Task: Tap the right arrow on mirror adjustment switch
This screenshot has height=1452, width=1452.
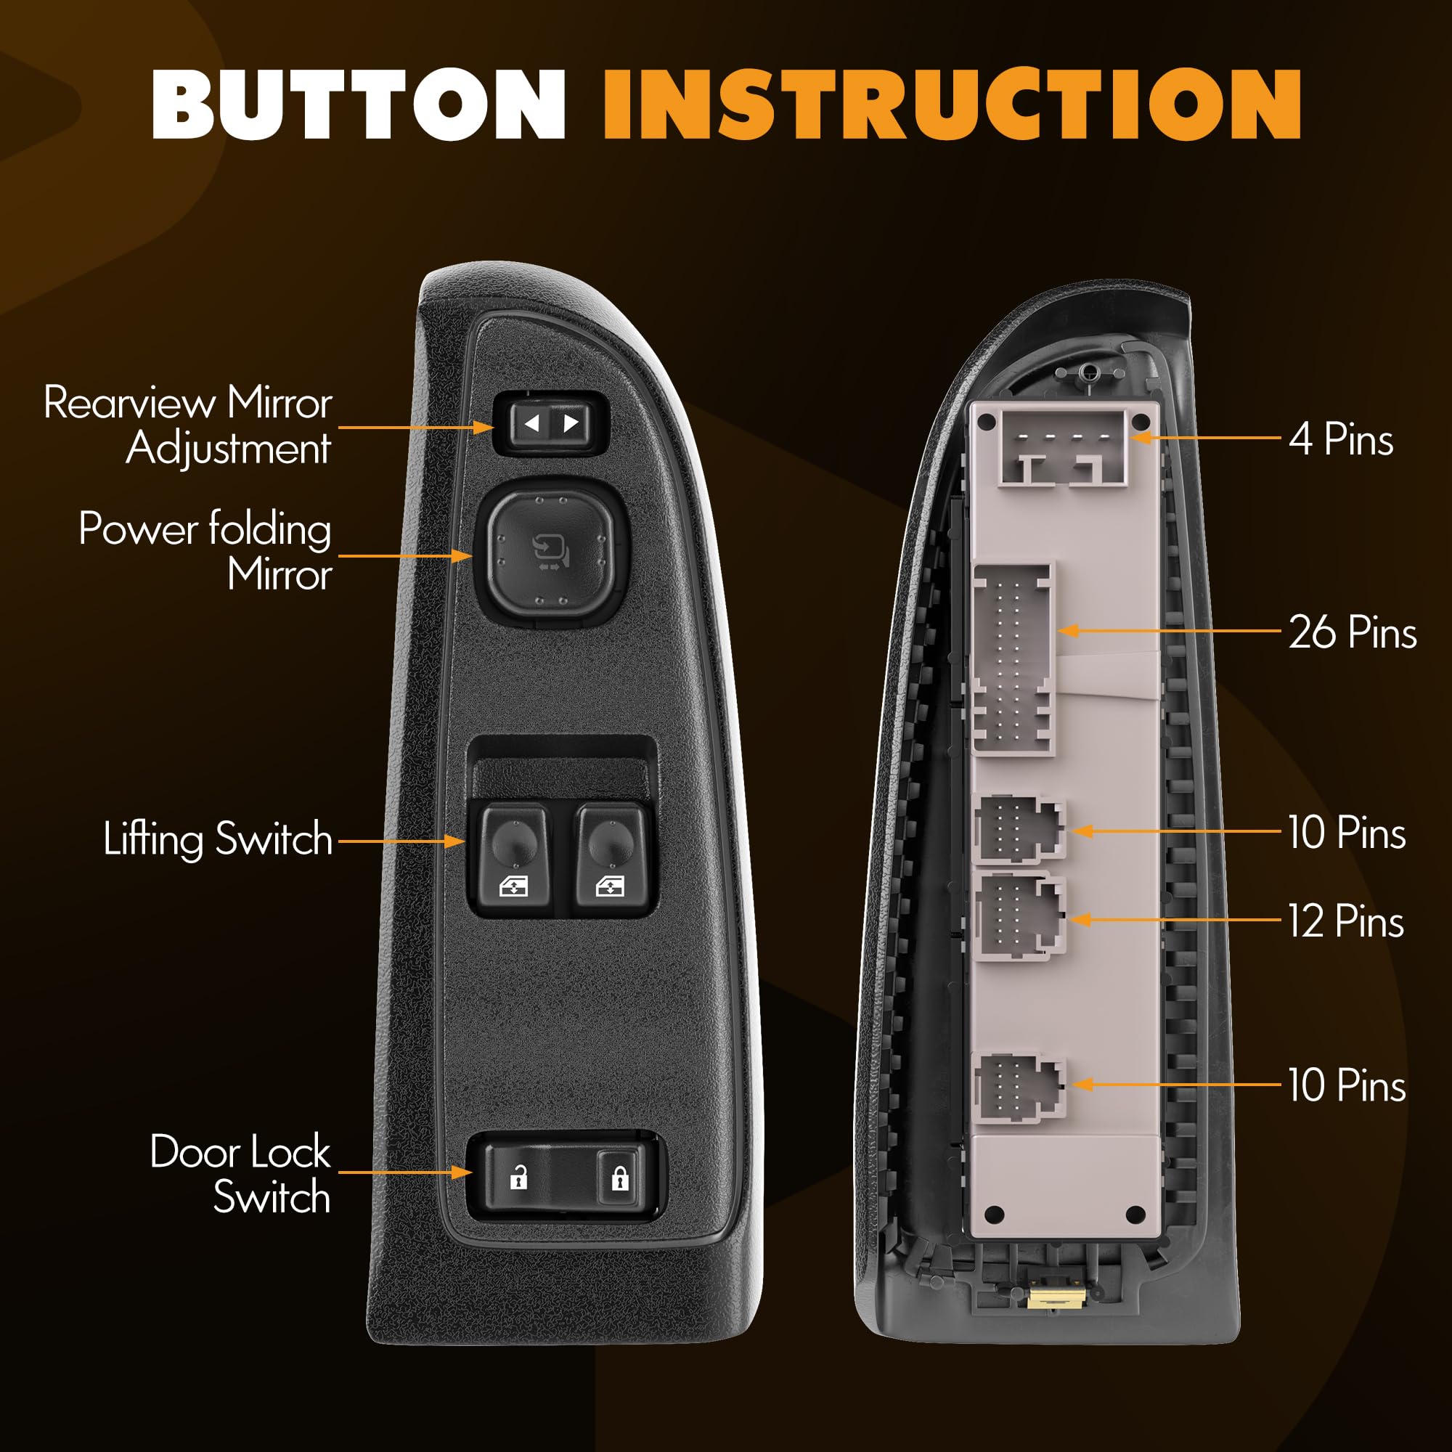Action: point(571,423)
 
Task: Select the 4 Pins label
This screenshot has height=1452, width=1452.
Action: point(1341,439)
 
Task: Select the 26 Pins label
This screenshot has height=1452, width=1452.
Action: point(1352,632)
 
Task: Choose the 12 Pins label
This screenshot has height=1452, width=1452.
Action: point(1345,921)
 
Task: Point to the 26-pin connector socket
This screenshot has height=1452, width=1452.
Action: point(1013,659)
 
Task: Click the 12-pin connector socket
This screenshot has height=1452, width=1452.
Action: point(1019,916)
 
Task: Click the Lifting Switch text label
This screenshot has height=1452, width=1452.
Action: point(218,839)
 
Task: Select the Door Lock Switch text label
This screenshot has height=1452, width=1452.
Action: point(240,1174)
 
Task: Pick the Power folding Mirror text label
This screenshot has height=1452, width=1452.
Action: point(206,552)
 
